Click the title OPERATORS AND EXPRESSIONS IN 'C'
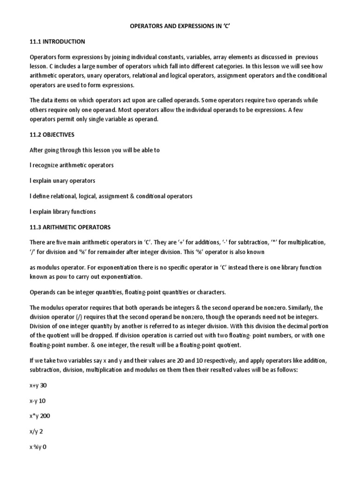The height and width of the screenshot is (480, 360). [x=180, y=27]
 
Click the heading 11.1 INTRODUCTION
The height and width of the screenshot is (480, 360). [x=57, y=42]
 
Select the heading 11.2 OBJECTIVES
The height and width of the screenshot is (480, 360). [x=52, y=135]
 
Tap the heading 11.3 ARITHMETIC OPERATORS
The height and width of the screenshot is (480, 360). [x=70, y=227]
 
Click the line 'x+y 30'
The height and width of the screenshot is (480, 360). [x=38, y=385]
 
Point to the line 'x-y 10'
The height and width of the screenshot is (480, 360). [x=38, y=401]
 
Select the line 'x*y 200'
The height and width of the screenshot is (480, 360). [x=40, y=416]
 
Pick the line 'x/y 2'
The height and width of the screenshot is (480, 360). [x=36, y=431]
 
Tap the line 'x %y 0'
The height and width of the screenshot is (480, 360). [x=38, y=447]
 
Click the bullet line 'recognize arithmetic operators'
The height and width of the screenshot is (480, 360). [x=72, y=165]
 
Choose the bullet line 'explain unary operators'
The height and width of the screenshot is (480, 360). [x=62, y=181]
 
